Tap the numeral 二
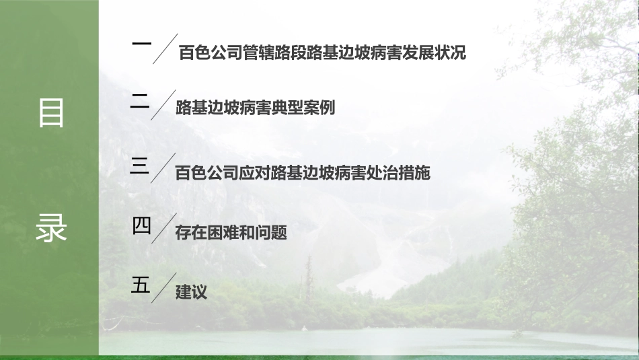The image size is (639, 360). coord(140,102)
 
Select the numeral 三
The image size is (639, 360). coord(140,166)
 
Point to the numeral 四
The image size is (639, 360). coord(141,226)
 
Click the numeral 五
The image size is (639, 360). coord(140,285)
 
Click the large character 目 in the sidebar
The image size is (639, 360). coord(50,113)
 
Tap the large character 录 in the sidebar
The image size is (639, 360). coord(50,228)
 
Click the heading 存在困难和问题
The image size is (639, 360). coord(231,233)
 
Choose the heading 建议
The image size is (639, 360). coord(190,292)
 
